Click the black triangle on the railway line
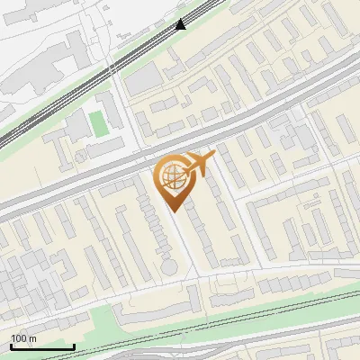[181, 24]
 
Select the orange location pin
[175, 180]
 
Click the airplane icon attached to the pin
[200, 164]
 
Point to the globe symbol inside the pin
[172, 175]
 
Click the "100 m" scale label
[23, 338]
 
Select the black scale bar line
[42, 347]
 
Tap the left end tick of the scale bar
[11, 346]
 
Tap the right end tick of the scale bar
[74, 346]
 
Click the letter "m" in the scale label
[32, 338]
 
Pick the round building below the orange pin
[168, 266]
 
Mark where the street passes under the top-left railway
[112, 67]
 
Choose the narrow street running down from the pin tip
[184, 243]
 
